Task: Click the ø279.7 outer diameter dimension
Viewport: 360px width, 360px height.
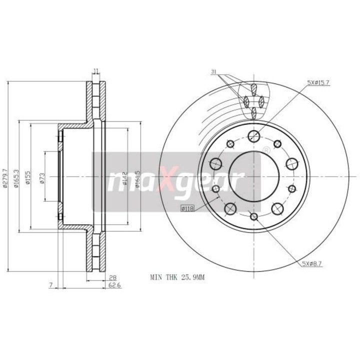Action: [5, 177]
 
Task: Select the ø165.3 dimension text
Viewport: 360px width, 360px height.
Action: [16, 177]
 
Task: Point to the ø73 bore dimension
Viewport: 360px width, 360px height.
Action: [42, 177]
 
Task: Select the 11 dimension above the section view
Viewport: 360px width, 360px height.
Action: [96, 71]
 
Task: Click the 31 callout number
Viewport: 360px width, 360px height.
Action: [213, 72]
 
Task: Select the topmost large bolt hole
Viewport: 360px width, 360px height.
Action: [253, 135]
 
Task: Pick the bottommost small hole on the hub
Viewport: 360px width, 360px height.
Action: [253, 216]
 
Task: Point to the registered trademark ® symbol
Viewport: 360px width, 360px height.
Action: [266, 150]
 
